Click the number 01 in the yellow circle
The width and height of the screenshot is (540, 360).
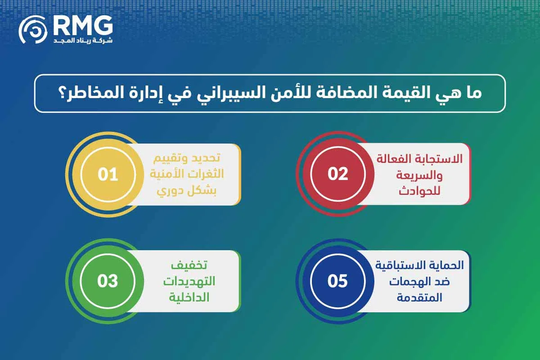[x=108, y=174]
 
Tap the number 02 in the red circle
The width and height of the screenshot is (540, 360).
[x=338, y=174]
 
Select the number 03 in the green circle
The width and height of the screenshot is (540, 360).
[x=108, y=281]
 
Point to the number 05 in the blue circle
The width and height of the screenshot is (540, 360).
[x=337, y=281]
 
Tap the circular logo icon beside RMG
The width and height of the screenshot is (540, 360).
[x=33, y=29]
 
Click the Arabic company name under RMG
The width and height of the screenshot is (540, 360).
[x=83, y=40]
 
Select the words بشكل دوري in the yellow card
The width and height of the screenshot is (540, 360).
[x=187, y=191]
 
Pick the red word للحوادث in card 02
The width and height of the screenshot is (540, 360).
[x=419, y=191]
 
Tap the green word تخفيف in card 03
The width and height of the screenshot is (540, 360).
[x=189, y=265]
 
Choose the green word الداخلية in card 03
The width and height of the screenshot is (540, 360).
[x=189, y=297]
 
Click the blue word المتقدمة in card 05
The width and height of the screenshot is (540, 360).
[x=419, y=297]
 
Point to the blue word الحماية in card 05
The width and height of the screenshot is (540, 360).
[x=450, y=265]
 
